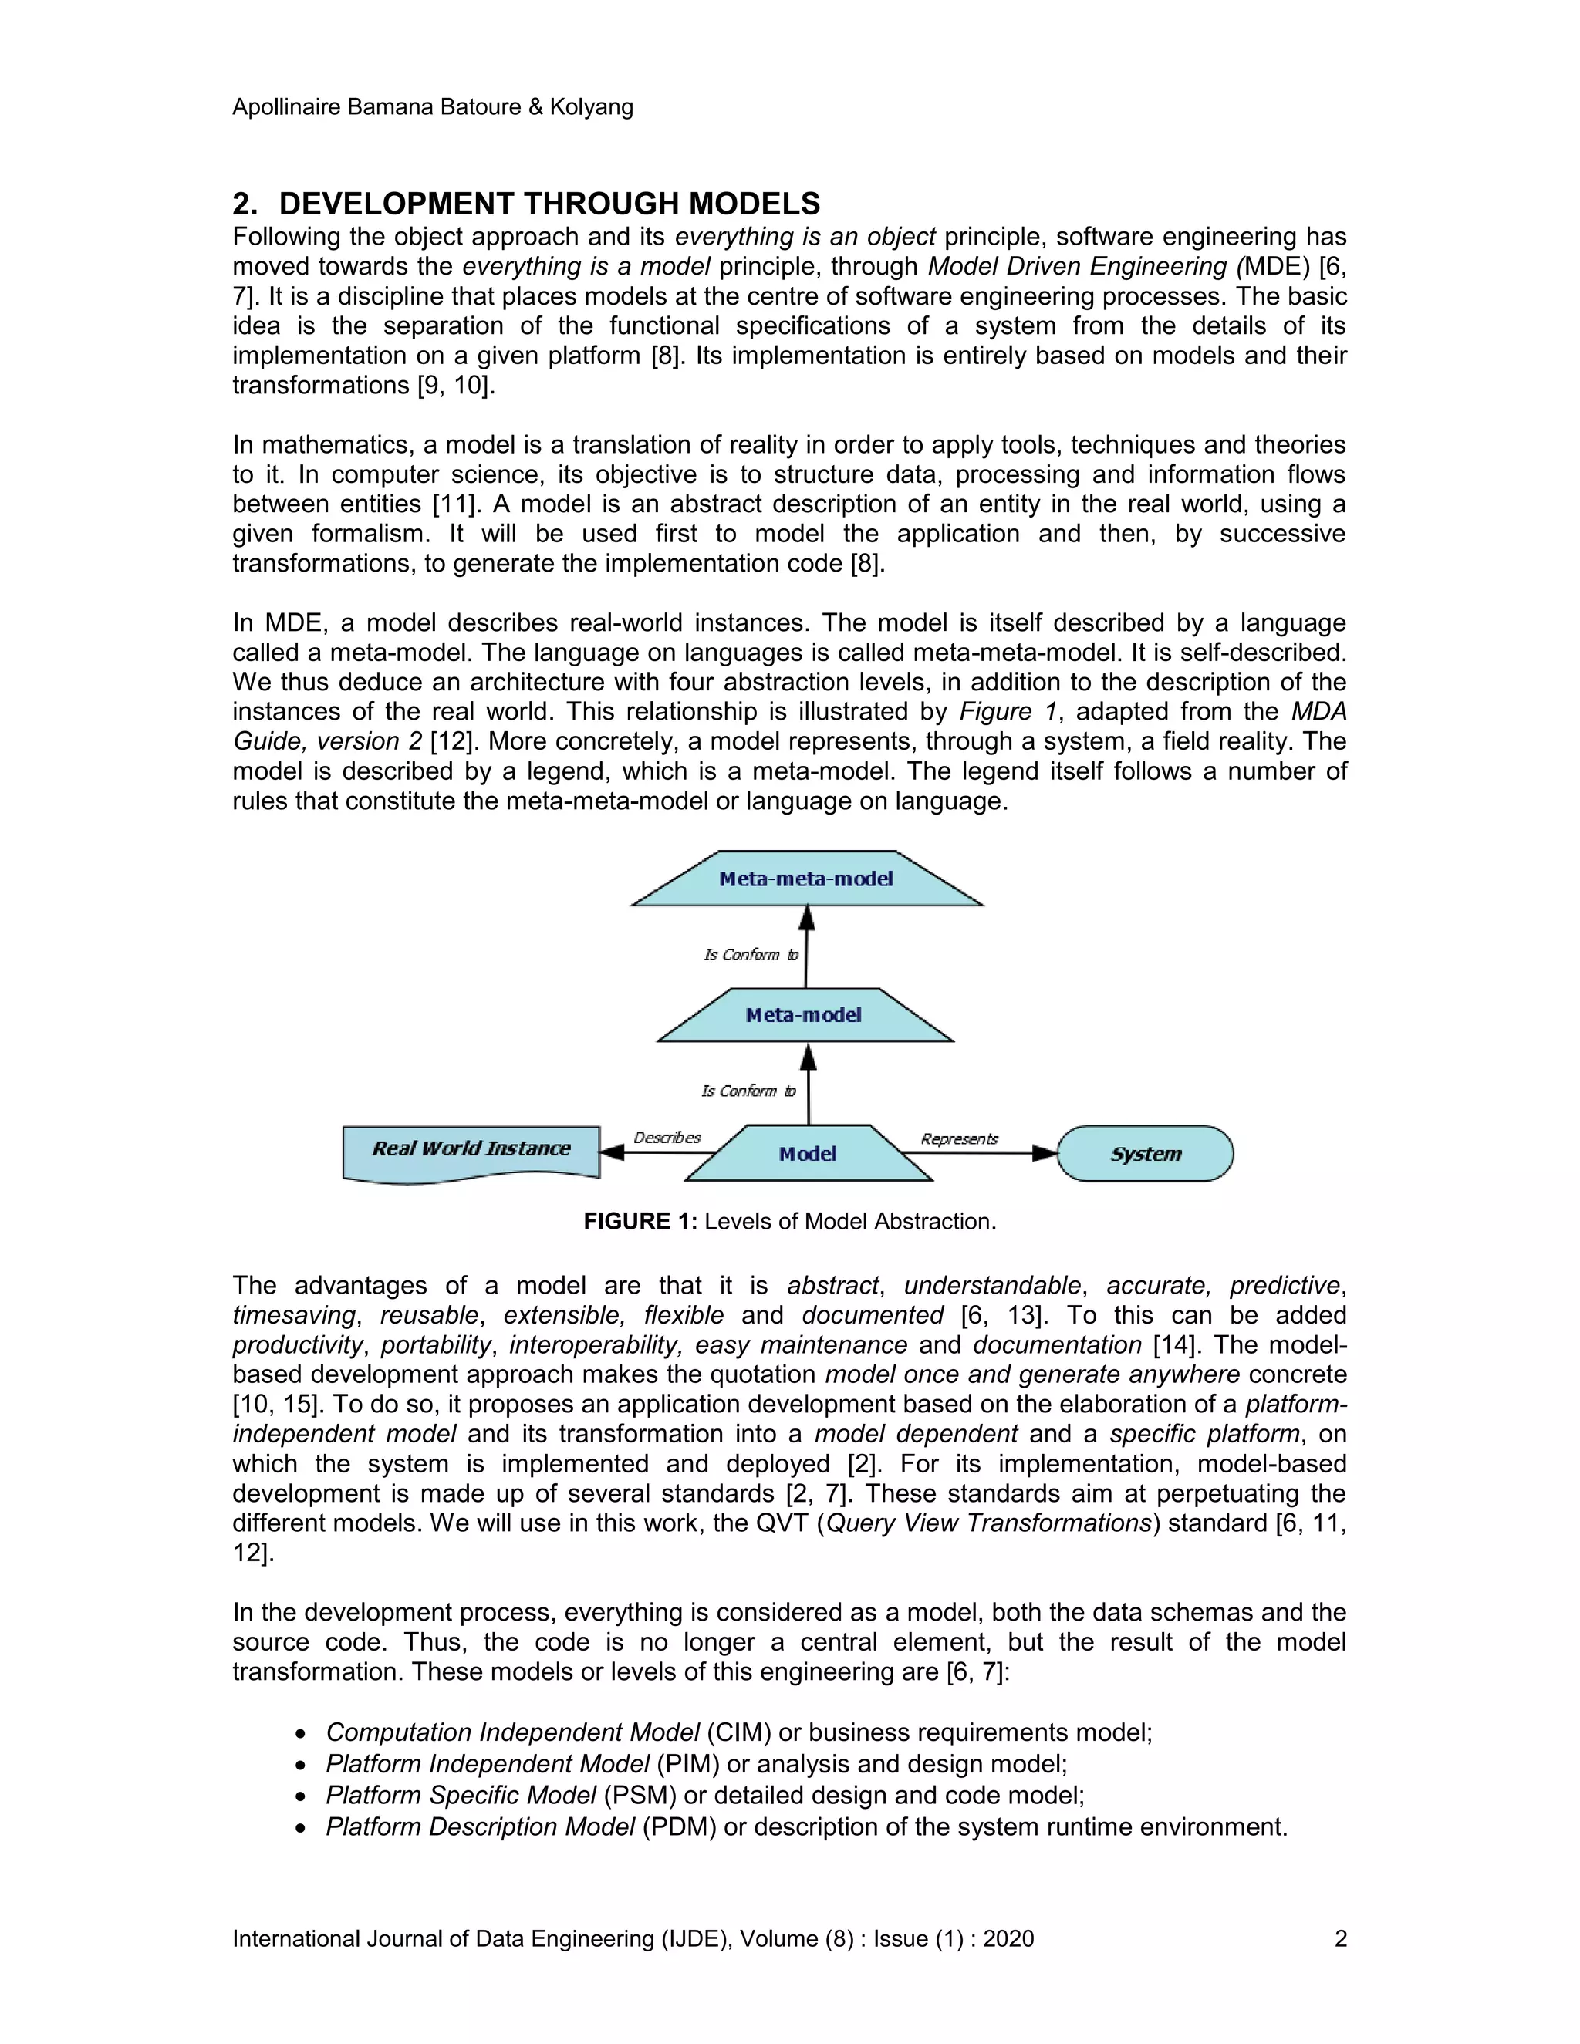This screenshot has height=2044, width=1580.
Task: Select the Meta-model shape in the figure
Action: [x=804, y=1016]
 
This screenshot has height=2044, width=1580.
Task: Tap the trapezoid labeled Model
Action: [x=808, y=1154]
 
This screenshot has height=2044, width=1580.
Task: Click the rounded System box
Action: [x=1146, y=1154]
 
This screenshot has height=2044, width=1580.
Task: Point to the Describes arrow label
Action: [x=667, y=1138]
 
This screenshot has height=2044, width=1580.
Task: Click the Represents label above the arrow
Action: [x=960, y=1139]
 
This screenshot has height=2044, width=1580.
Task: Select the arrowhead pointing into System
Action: [x=1044, y=1154]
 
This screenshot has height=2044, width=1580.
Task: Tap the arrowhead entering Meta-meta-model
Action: [x=807, y=919]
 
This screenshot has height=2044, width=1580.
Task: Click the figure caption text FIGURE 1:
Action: [x=640, y=1221]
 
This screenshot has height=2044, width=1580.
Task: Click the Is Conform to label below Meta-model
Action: [x=749, y=1091]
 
